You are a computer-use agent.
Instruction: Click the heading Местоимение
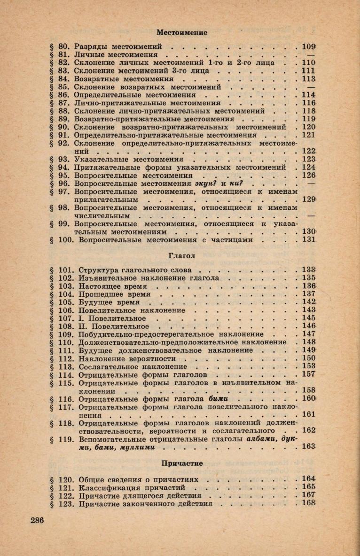182,32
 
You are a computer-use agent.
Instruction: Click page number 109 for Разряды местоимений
308,47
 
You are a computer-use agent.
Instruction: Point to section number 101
66,270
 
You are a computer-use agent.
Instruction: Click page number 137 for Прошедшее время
308,294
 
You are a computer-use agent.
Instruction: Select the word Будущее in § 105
94,302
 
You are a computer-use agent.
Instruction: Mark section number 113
66,366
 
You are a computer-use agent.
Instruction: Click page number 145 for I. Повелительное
308,318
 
